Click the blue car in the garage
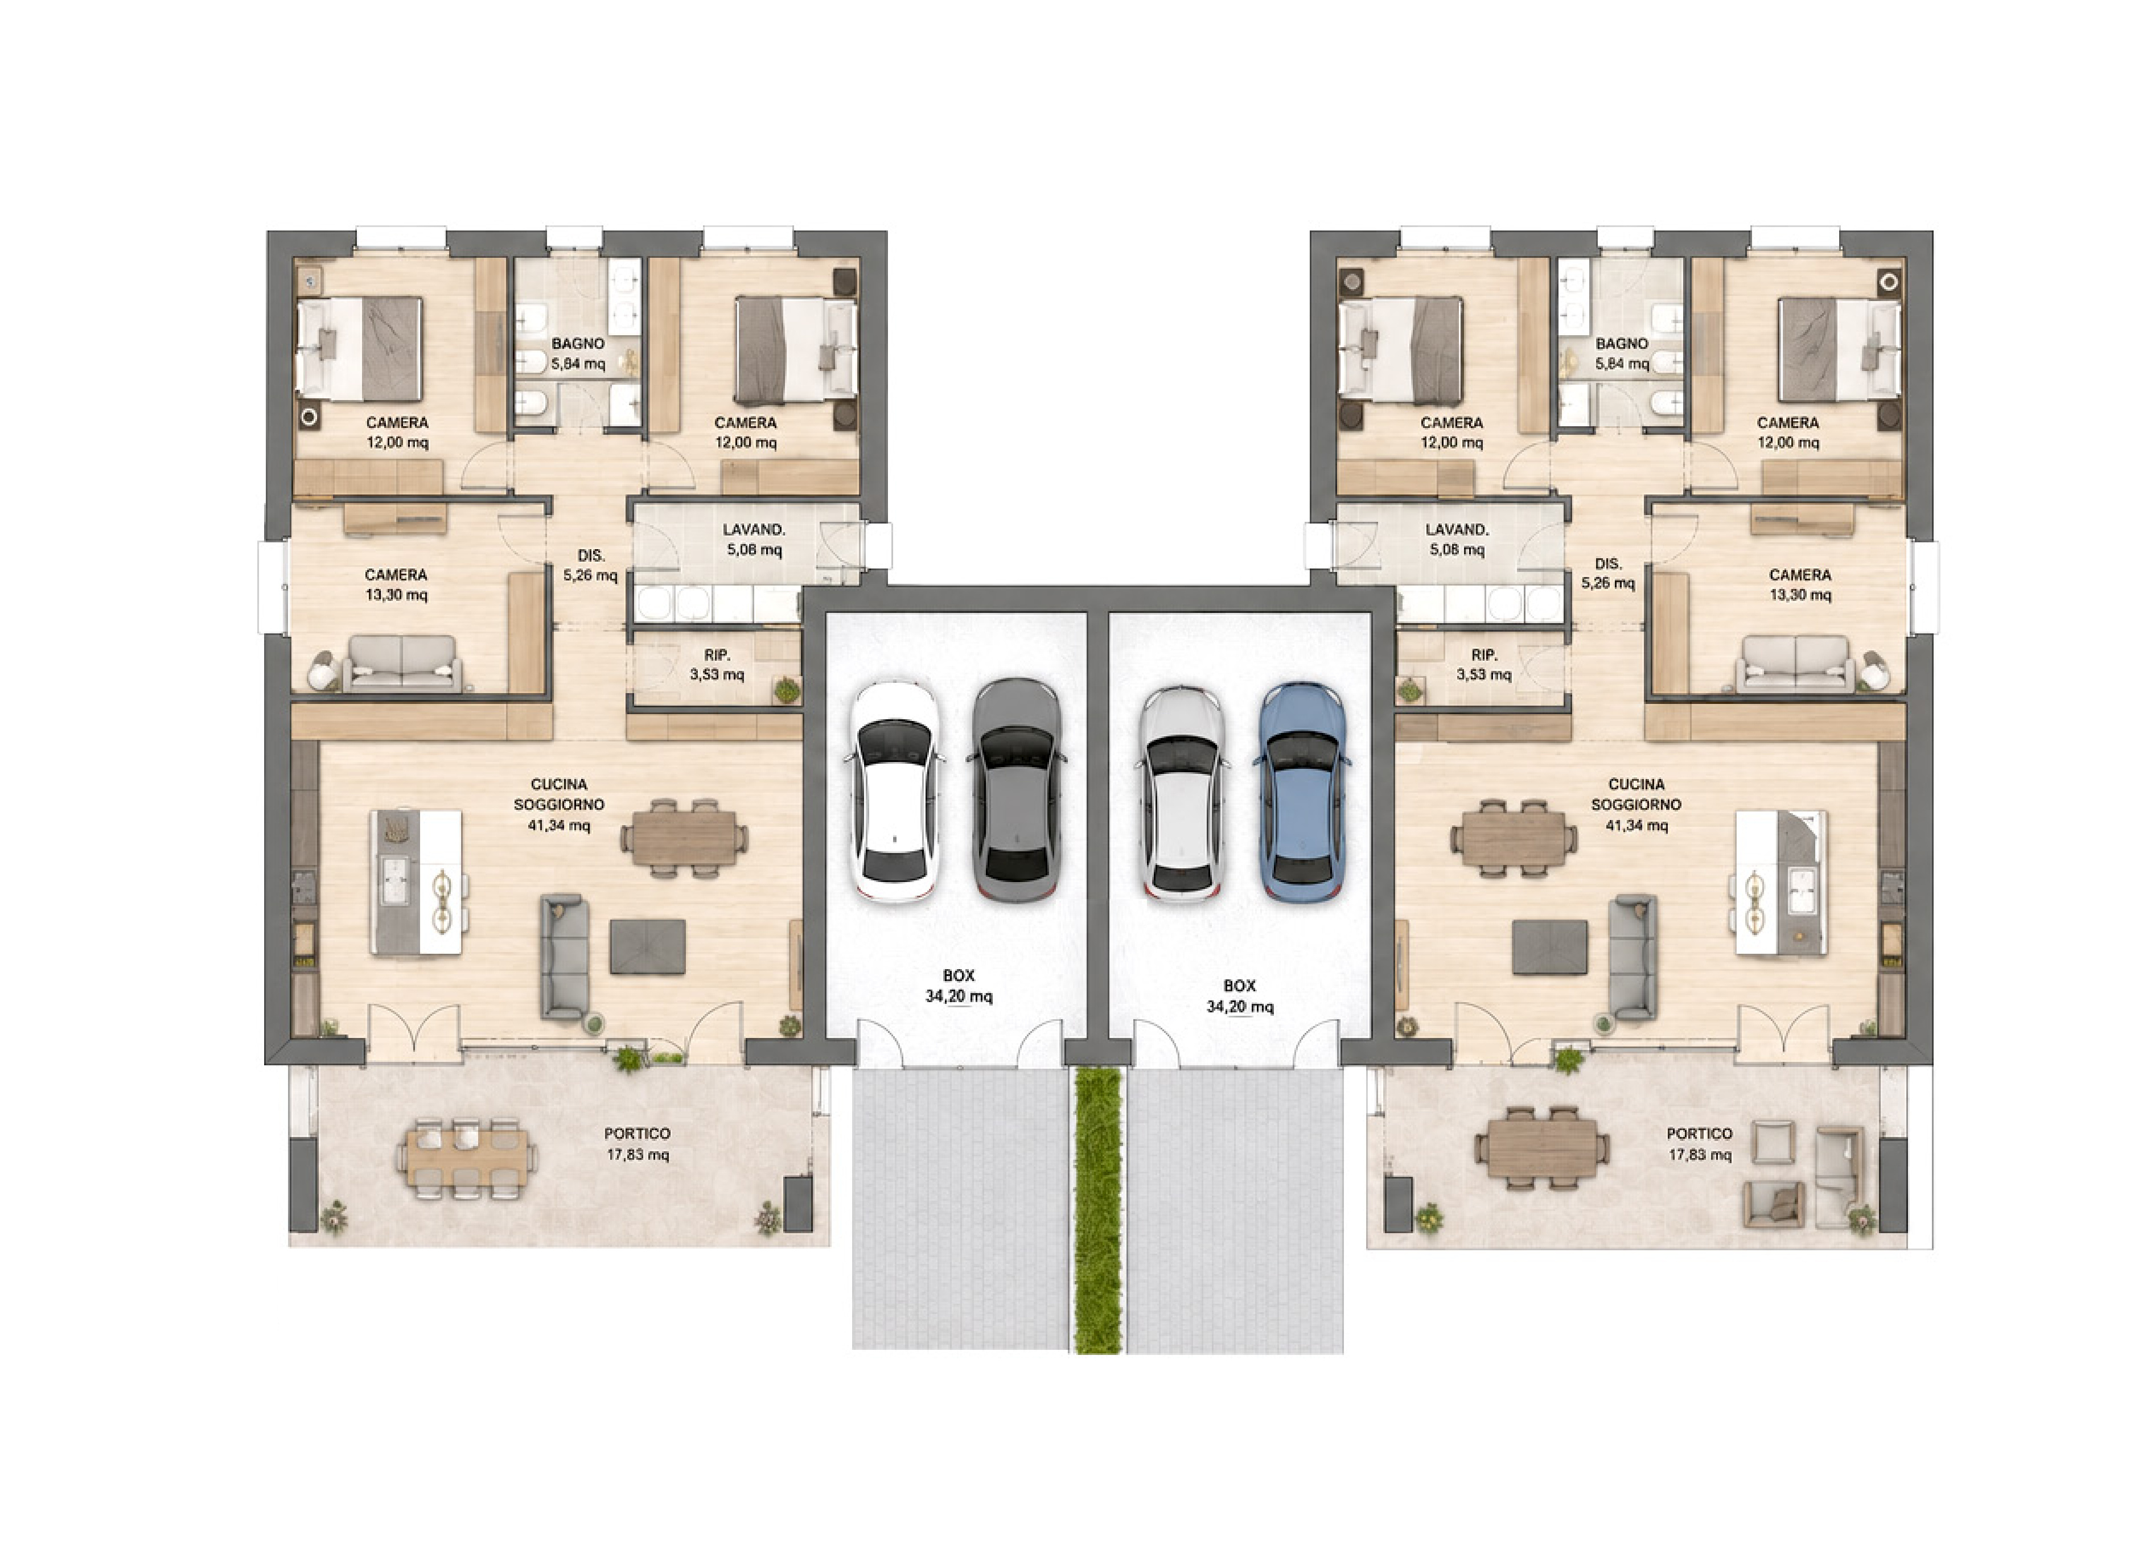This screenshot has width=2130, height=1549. coord(1302,790)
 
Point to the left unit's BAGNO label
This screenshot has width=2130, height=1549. coord(578,344)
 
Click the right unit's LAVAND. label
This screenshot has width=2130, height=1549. coord(1457,529)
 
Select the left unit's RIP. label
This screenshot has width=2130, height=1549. coord(717,654)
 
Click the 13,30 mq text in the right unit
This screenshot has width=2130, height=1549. coord(1799,594)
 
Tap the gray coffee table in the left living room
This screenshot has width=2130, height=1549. coord(647,946)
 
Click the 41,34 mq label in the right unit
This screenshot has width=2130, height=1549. coord(1637,825)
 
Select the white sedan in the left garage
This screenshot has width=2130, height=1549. coord(895,790)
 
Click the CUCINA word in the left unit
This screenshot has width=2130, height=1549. coord(559,784)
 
